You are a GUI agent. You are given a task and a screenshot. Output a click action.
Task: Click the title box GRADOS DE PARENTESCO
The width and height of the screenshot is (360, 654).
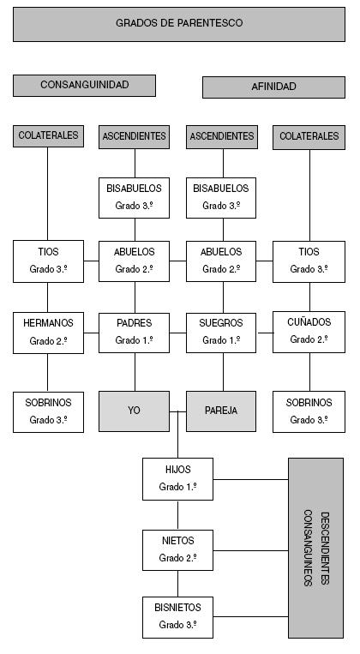178,23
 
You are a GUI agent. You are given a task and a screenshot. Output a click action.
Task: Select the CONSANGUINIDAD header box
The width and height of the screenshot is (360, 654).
84,86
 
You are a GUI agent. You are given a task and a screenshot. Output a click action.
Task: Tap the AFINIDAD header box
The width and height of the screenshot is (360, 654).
273,87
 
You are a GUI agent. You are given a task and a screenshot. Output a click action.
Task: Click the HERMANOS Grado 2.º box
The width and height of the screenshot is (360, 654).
48,332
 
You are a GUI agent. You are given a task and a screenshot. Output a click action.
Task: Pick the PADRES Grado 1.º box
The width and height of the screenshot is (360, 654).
135,332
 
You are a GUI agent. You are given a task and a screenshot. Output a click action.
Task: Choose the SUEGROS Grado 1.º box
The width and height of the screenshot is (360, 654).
221,332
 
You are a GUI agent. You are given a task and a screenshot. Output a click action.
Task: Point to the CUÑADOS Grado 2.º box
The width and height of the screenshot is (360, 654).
309,332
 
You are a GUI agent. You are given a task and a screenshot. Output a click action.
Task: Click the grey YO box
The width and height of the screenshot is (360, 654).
135,411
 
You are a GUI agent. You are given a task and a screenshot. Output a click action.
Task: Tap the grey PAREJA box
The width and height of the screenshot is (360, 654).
221,411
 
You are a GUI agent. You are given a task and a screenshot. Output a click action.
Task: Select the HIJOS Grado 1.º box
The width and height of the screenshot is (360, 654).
177,478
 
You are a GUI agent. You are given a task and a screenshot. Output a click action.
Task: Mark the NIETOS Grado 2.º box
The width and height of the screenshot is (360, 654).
177,549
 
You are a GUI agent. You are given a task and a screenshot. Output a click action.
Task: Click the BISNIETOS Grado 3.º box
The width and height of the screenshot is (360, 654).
177,617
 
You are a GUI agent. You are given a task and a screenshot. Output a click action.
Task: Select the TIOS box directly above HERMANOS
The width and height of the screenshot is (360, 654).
48,261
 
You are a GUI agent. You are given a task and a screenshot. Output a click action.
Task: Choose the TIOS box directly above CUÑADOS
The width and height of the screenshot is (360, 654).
309,261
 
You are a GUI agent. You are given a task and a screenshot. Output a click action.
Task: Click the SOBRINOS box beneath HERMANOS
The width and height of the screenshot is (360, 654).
48,411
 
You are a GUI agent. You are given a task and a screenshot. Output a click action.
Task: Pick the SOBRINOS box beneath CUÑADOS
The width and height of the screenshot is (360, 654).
309,411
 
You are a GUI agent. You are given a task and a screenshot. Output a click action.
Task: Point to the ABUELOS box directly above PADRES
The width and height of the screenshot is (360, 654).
135,261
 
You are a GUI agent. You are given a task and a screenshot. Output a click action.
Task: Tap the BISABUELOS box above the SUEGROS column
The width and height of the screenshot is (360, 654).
221,196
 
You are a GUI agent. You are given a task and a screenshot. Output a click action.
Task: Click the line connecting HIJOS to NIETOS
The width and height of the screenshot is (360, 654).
177,514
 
